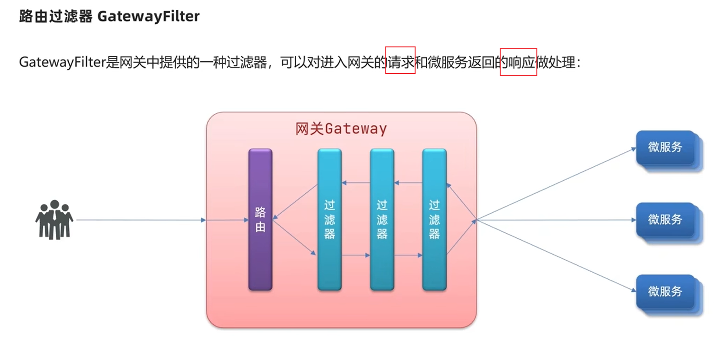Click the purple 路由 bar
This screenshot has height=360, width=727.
tap(260, 219)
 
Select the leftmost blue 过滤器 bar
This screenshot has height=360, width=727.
tap(329, 219)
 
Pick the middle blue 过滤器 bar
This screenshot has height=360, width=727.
tap(382, 219)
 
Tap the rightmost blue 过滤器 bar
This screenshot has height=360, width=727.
tap(434, 219)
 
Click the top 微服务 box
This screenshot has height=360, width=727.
tap(665, 147)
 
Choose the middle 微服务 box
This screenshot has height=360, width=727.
tap(665, 219)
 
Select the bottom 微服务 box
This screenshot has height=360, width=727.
tap(665, 291)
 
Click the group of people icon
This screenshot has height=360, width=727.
tap(54, 220)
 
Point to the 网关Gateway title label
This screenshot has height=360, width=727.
tap(341, 129)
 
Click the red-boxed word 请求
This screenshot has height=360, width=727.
tap(400, 62)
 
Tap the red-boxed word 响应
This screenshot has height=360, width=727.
tap(518, 62)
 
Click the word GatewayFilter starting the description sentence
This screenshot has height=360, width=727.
tap(63, 62)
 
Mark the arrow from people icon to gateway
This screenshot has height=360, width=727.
tap(139, 220)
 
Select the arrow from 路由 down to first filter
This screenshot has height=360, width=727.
tap(294, 237)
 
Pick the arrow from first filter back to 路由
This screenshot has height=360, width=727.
tap(296, 201)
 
